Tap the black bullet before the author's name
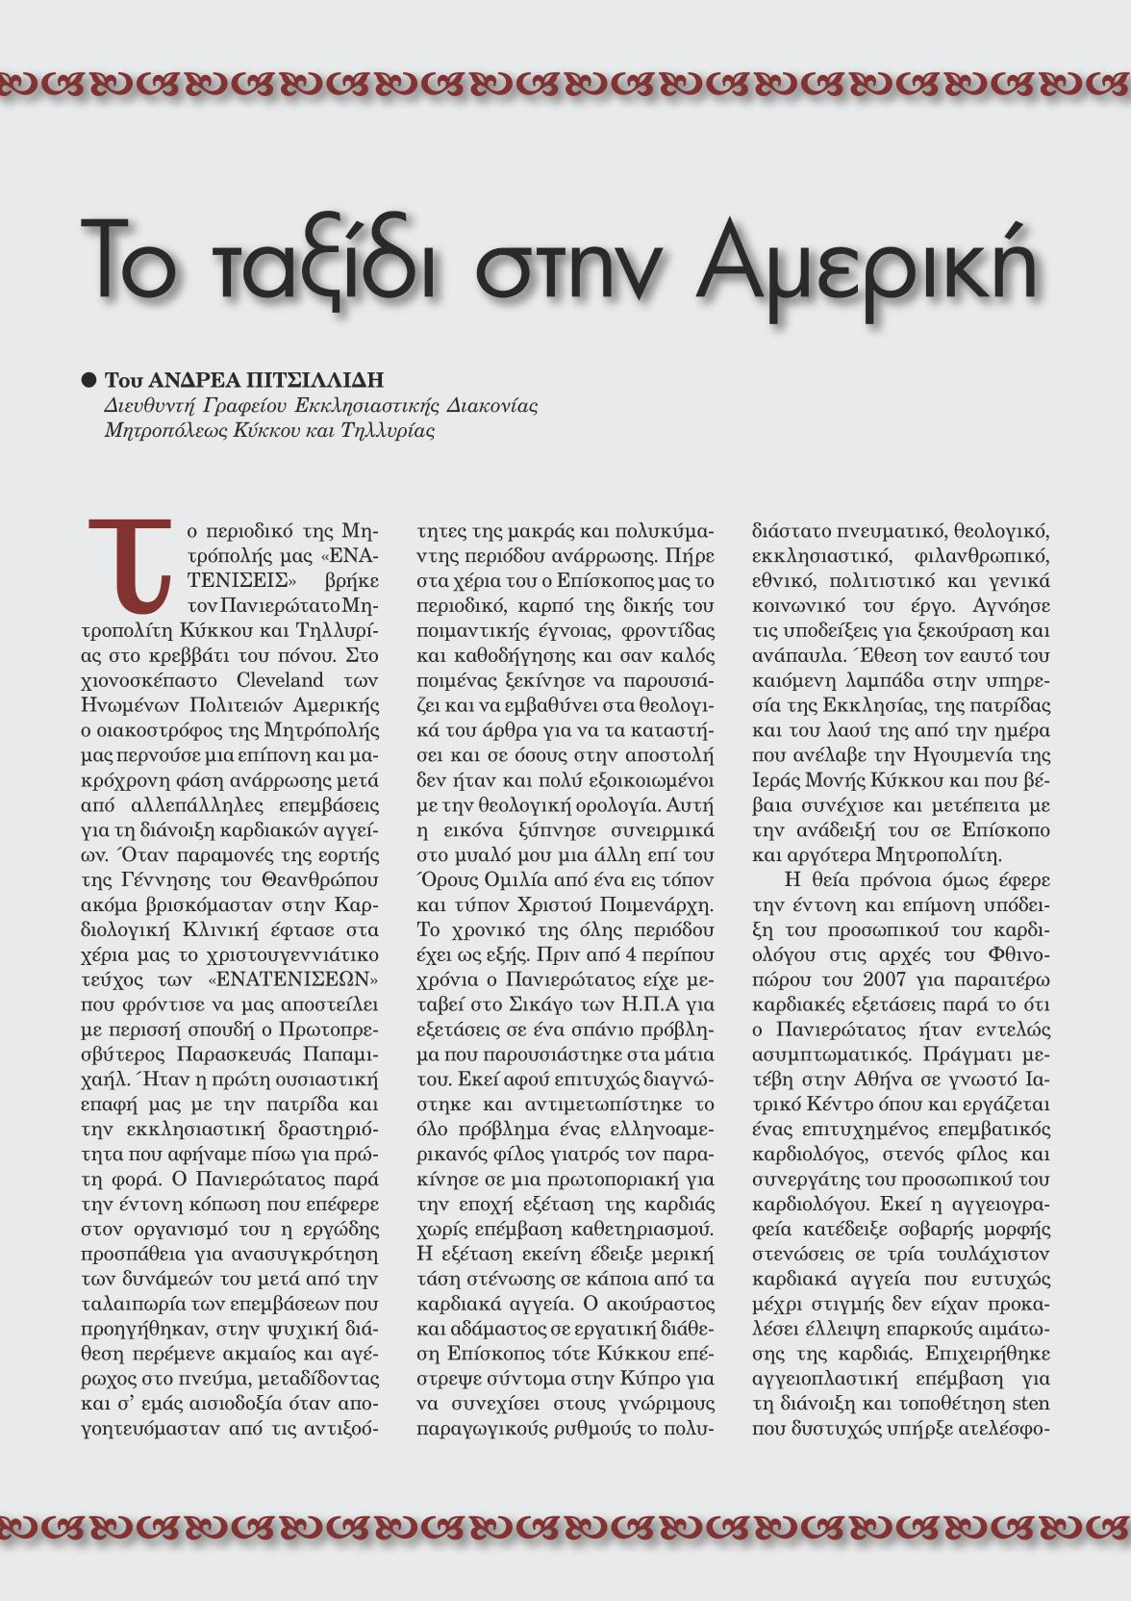coord(89,379)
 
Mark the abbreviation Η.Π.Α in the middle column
coord(650,1004)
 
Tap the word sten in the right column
coord(1031,1403)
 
